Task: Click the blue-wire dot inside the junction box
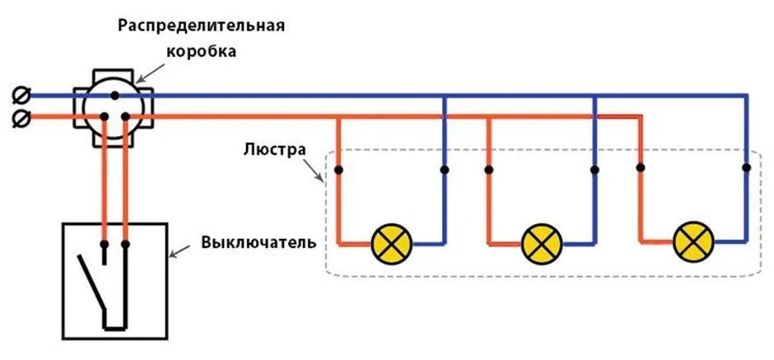coord(114,96)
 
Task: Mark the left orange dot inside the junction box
coord(104,117)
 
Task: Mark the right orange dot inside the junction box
coord(125,117)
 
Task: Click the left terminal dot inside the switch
coord(105,245)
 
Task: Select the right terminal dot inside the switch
coord(125,245)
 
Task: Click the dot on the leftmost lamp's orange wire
coord(338,171)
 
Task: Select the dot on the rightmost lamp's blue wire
coord(746,168)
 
